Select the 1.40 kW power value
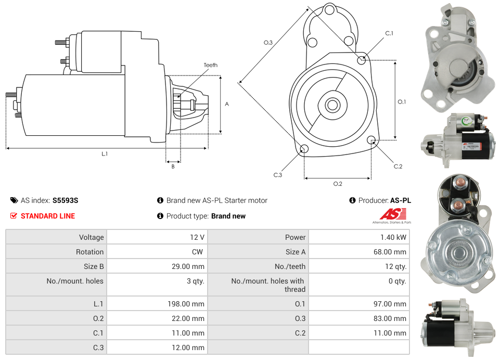click(x=394, y=237)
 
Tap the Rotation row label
click(x=89, y=252)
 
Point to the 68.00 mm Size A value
click(x=391, y=252)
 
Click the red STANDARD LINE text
click(x=48, y=216)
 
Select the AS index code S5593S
click(x=65, y=200)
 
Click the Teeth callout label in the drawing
click(x=211, y=65)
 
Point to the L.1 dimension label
click(x=105, y=153)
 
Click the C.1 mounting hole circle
click(x=362, y=60)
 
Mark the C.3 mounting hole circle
click(x=304, y=150)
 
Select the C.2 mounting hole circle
click(x=371, y=140)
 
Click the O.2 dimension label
click(x=338, y=184)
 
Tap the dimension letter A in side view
click(x=227, y=104)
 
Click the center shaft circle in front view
click(x=332, y=105)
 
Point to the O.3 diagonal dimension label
click(x=268, y=43)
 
